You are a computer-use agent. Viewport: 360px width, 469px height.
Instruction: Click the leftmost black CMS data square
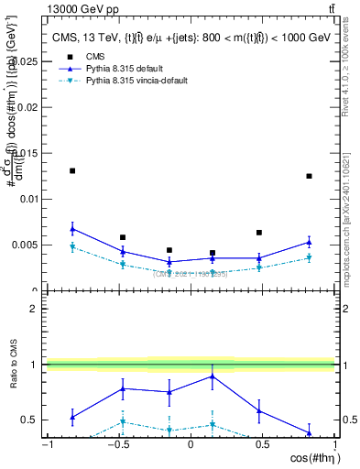point(72,170)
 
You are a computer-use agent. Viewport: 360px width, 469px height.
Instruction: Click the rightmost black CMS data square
point(309,176)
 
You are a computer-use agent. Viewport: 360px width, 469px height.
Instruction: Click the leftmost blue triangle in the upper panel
point(72,229)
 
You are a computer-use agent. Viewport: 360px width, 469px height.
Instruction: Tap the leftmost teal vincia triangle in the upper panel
point(72,246)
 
